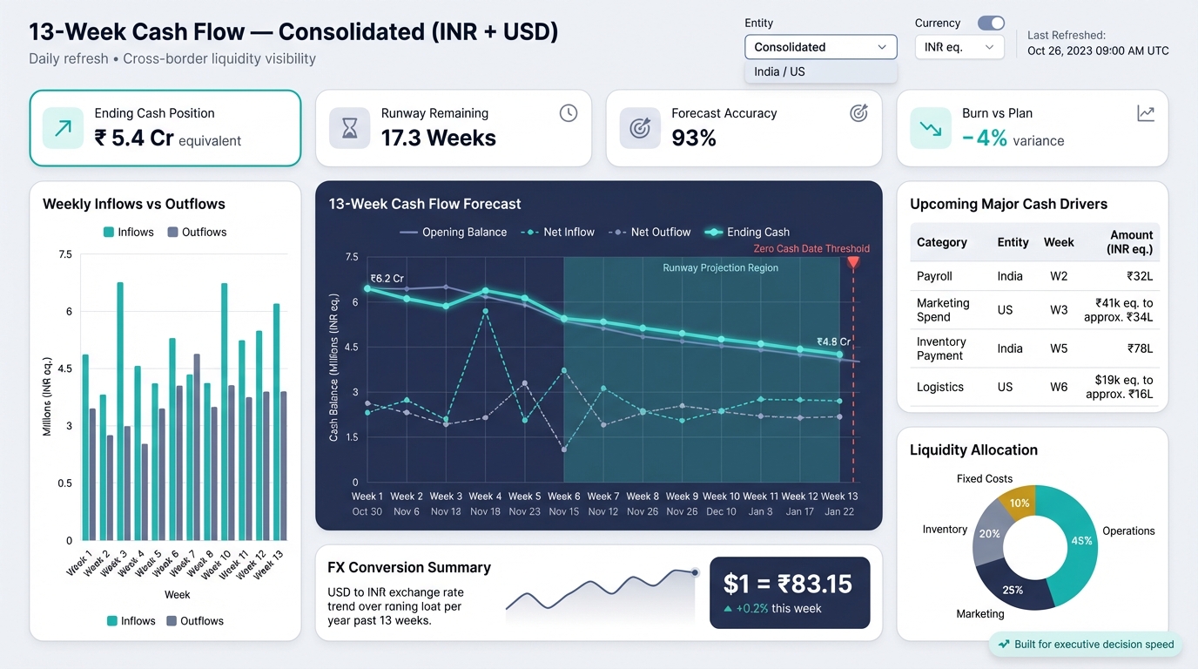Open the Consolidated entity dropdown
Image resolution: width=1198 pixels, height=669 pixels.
(820, 47)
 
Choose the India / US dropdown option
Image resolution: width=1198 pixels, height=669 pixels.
(820, 71)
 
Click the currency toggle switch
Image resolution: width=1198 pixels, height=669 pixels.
(991, 24)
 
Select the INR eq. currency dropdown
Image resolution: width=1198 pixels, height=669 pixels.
(959, 47)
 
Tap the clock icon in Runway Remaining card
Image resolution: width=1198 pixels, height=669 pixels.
(569, 113)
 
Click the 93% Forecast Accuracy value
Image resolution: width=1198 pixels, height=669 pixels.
(694, 138)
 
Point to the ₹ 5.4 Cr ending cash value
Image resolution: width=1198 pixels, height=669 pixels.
(134, 138)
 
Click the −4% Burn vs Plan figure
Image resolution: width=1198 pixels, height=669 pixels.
(985, 138)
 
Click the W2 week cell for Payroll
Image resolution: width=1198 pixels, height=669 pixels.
(1059, 276)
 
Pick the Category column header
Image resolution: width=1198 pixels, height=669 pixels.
(942, 242)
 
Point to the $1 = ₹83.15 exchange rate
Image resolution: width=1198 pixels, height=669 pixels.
(789, 584)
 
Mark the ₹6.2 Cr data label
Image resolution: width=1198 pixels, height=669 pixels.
(387, 279)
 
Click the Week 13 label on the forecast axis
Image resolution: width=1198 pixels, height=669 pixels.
(839, 497)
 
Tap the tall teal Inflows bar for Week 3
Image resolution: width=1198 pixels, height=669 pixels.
(120, 411)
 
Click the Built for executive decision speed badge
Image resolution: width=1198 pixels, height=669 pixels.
(1086, 645)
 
